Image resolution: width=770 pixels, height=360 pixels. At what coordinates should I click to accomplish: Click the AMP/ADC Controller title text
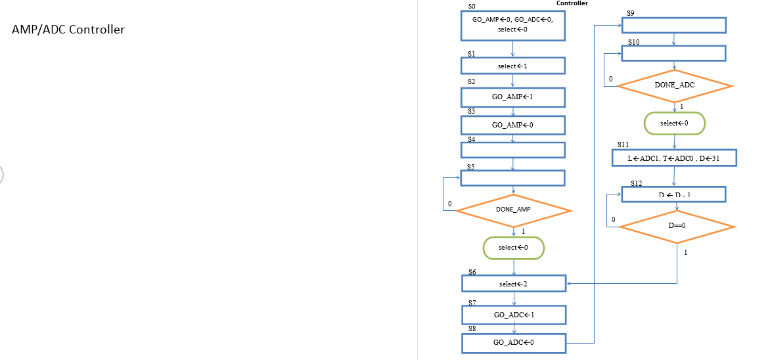click(68, 30)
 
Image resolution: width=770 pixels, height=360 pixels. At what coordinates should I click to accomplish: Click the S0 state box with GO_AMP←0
click(512, 25)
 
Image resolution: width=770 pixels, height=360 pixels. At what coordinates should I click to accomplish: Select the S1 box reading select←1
click(512, 66)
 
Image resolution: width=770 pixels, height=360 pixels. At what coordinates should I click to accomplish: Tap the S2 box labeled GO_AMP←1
click(512, 97)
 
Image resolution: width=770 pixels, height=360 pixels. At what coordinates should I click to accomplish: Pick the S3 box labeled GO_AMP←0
click(512, 124)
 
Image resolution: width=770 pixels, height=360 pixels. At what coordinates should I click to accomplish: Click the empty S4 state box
click(512, 150)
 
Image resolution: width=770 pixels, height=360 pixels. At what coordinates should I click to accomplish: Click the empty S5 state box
click(512, 178)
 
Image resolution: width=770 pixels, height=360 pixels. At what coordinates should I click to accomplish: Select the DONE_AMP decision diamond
click(513, 210)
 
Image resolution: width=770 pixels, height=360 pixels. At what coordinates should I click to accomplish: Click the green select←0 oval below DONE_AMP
click(513, 248)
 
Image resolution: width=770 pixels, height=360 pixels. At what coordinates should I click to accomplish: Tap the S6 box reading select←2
click(513, 284)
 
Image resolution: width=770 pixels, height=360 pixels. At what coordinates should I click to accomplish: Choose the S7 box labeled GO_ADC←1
click(513, 315)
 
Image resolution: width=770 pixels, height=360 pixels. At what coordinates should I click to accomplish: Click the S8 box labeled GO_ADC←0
click(513, 342)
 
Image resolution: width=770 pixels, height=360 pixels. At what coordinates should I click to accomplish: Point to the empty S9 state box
click(673, 25)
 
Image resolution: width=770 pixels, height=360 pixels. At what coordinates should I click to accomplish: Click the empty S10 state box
click(673, 53)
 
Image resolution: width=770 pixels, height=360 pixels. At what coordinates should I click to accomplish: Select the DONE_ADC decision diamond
click(674, 85)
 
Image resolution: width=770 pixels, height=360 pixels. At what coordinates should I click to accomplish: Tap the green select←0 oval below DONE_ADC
click(674, 123)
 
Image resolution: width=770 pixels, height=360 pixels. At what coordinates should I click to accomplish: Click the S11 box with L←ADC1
click(674, 158)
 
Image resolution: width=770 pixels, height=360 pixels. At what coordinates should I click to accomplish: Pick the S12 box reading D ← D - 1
click(673, 194)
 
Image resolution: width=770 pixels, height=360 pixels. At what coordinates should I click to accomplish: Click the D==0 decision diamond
click(677, 226)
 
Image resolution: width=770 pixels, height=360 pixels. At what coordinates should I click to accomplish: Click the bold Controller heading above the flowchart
click(572, 3)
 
